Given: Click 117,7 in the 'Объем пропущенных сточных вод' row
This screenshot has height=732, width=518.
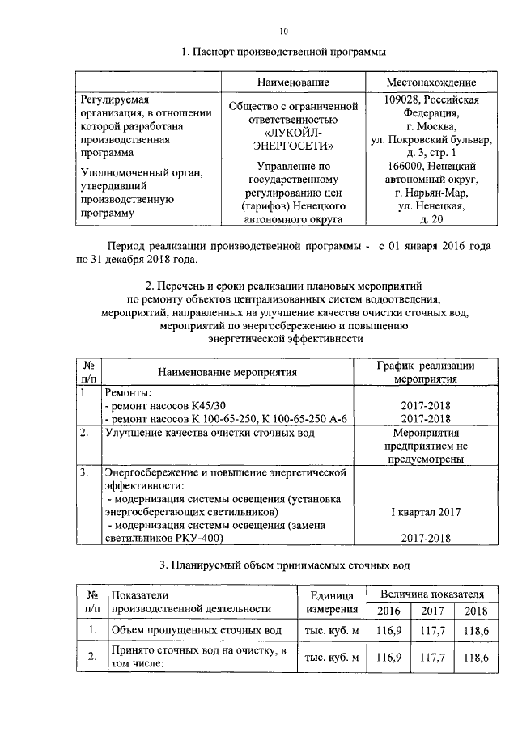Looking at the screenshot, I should [x=435, y=629].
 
